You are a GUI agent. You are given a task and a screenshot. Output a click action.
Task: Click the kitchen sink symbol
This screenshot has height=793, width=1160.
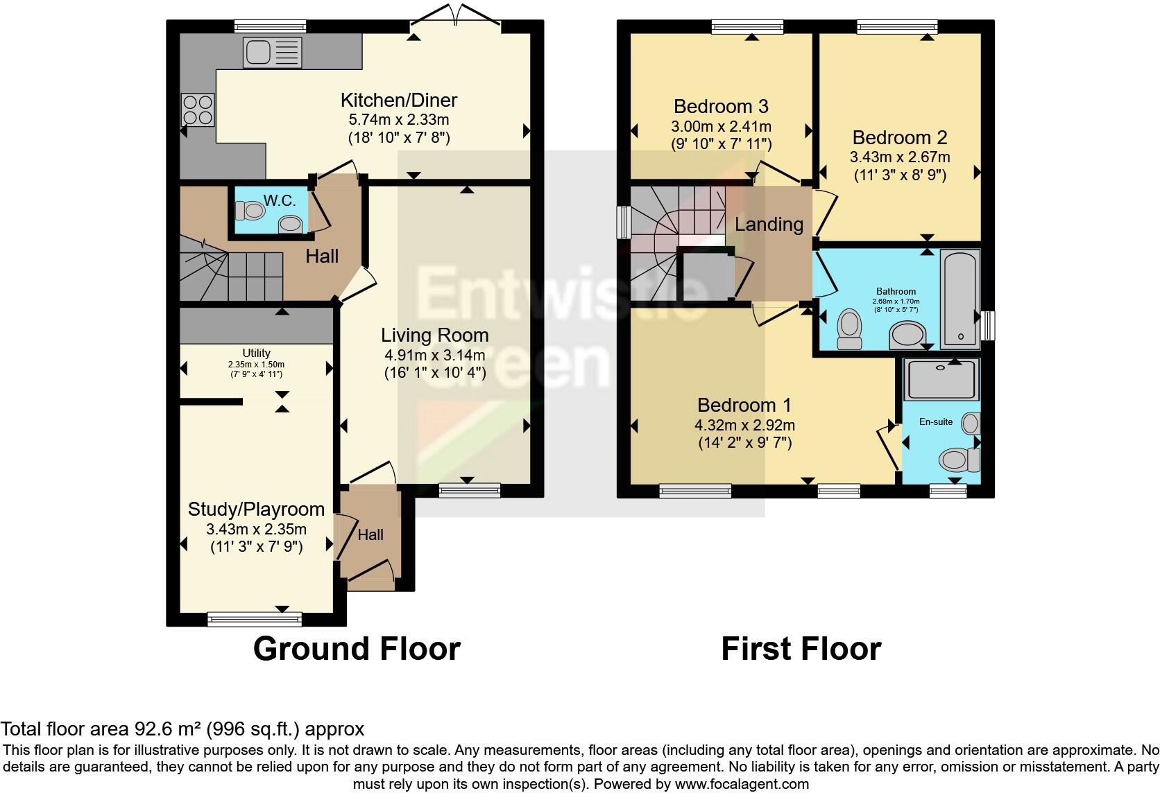coord(272,53)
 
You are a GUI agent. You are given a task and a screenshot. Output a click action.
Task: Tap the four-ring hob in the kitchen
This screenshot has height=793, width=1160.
coord(198,110)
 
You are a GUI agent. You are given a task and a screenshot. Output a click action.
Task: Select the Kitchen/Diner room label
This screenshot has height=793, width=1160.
coord(398,100)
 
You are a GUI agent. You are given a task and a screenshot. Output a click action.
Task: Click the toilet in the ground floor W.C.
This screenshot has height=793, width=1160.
coord(250,210)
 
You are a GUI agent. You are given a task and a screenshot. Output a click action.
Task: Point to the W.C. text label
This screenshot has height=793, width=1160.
coord(280,201)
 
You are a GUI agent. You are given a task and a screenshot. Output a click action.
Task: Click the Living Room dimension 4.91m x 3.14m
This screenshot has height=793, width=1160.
coord(434,355)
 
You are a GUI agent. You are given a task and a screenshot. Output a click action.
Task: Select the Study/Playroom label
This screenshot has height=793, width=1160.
coord(256,509)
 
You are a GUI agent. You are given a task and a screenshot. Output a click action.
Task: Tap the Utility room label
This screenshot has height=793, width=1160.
coord(256,353)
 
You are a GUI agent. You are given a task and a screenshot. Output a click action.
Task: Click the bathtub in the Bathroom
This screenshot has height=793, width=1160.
coord(959,298)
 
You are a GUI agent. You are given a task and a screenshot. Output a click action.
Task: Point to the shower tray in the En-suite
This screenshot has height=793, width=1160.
coord(941,379)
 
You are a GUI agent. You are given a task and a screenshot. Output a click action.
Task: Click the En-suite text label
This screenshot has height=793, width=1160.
coord(935,421)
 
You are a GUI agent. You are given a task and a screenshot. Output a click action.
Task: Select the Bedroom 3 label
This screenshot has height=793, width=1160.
coord(721,106)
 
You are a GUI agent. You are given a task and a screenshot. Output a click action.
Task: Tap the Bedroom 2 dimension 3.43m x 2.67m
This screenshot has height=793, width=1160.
coord(900,157)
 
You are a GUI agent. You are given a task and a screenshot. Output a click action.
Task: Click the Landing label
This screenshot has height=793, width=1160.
coord(769,225)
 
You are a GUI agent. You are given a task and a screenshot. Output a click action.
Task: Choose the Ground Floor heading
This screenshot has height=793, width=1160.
coord(357,650)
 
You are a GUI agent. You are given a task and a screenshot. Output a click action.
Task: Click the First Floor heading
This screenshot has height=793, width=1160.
coord(801,650)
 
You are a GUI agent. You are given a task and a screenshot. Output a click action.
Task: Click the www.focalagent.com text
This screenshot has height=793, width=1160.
coord(742,784)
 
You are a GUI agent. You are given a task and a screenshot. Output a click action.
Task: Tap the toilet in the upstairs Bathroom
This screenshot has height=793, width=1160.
coord(849,329)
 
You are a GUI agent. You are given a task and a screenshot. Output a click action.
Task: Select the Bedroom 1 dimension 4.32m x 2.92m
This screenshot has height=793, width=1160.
coord(744,425)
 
